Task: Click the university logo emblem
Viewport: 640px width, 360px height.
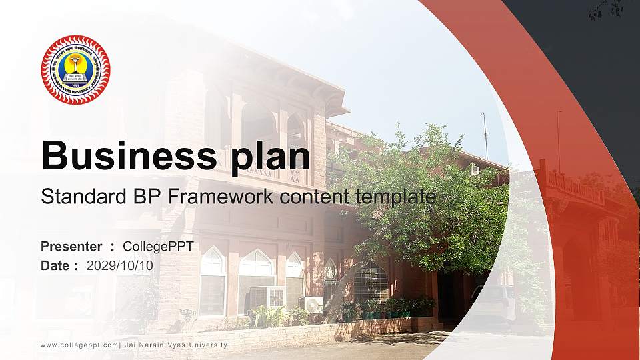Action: (x=75, y=69)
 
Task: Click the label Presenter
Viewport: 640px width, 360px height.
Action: (x=71, y=247)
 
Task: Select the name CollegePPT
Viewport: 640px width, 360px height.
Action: (x=158, y=247)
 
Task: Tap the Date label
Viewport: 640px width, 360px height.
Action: (x=55, y=265)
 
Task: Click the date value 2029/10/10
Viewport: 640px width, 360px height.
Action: (x=120, y=265)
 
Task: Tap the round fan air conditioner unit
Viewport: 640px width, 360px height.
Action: (x=313, y=304)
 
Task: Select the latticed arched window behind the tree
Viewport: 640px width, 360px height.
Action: (x=370, y=281)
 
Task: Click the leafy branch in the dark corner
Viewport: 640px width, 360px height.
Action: (x=607, y=9)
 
